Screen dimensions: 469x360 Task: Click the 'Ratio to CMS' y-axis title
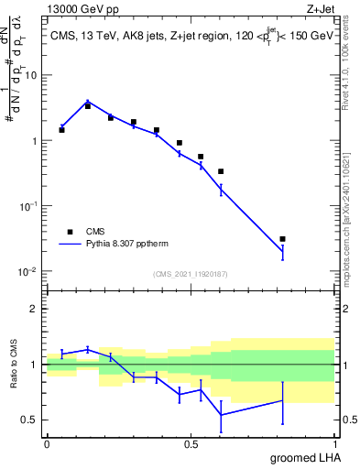[13, 365]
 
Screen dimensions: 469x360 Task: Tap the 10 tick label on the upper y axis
[34, 75]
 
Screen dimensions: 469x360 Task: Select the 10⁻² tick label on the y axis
[30, 272]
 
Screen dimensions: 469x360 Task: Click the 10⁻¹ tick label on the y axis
[30, 206]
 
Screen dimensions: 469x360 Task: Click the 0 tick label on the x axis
[47, 443]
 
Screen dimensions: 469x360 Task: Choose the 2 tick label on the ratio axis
[37, 309]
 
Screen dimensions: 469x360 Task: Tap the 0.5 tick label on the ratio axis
[32, 420]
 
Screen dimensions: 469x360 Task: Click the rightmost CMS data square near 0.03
[282, 239]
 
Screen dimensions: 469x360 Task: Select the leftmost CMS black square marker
[61, 130]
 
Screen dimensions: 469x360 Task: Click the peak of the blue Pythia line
[88, 102]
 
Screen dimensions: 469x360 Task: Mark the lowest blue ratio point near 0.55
[221, 415]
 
